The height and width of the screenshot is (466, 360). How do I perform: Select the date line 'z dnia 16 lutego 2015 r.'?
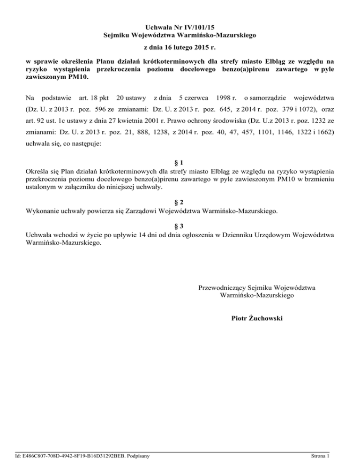(x=180, y=48)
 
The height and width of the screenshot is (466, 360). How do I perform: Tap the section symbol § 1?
(x=180, y=163)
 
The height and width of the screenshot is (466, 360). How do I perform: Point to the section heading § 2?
(x=180, y=203)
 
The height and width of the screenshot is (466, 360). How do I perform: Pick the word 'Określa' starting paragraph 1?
(x=37, y=171)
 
